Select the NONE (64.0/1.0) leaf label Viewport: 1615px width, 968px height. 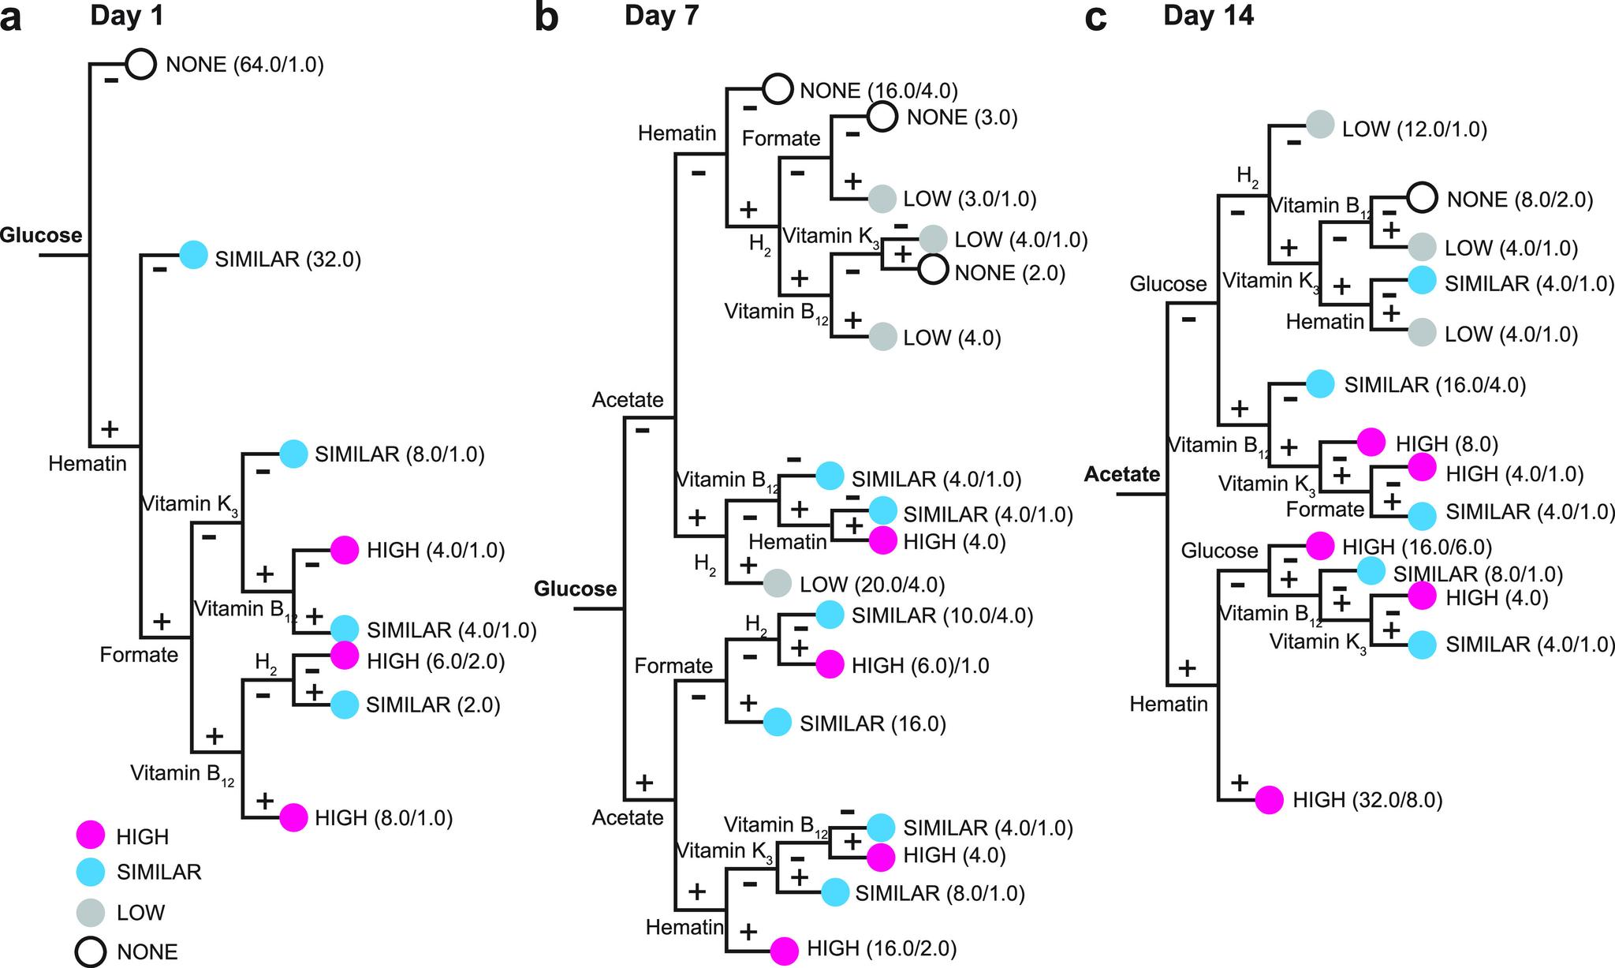click(x=244, y=65)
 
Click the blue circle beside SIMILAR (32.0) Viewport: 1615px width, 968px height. click(x=193, y=256)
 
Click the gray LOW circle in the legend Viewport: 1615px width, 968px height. click(x=91, y=913)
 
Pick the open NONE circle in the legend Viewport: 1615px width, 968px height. click(x=91, y=952)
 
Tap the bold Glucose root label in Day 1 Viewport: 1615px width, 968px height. click(x=41, y=235)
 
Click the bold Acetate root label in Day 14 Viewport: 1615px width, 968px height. click(x=1121, y=474)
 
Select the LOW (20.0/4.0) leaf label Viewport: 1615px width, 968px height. click(x=872, y=585)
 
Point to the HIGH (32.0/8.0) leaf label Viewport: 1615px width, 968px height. click(x=1367, y=800)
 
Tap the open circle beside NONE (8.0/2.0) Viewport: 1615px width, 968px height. click(x=1422, y=197)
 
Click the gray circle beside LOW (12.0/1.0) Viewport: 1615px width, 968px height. click(x=1320, y=125)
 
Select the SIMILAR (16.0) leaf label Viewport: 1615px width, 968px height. click(x=873, y=723)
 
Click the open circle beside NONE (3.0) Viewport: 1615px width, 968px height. click(x=882, y=117)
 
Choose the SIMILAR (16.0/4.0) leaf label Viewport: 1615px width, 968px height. click(x=1434, y=385)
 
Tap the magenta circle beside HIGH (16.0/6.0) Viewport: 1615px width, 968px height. click(x=1320, y=545)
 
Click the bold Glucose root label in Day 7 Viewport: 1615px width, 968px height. click(x=575, y=589)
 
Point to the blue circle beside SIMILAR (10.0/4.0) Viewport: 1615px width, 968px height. click(x=829, y=615)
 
